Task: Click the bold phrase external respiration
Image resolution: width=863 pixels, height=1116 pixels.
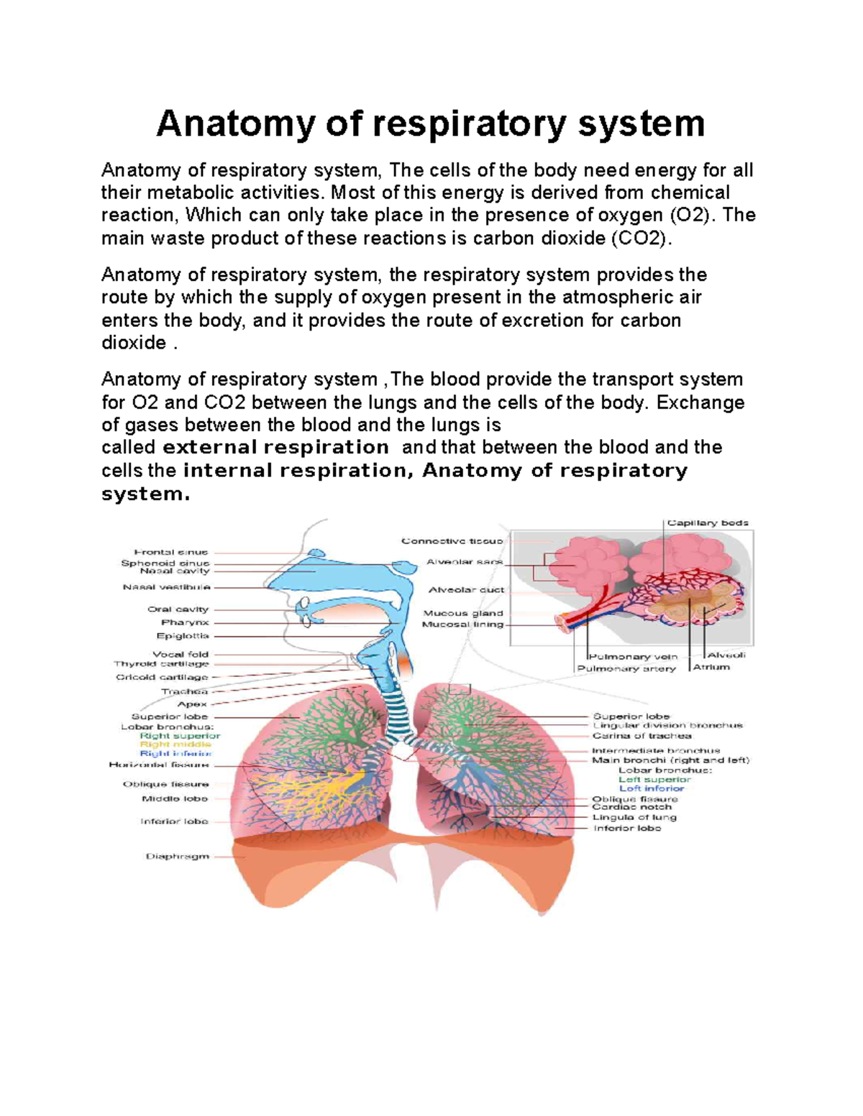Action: tap(276, 447)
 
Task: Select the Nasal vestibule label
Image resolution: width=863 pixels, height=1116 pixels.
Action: tap(167, 586)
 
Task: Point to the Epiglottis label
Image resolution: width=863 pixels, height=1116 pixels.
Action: tap(183, 635)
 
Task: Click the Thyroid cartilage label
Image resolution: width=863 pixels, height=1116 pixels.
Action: tap(161, 664)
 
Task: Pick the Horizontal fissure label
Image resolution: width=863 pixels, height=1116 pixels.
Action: tap(159, 765)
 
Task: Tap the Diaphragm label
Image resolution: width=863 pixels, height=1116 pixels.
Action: tap(178, 856)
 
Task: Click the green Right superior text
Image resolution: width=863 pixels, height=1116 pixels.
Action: tap(181, 735)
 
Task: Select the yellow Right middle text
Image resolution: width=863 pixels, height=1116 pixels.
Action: tap(175, 744)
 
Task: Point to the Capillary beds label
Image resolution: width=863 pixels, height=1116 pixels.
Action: tap(708, 522)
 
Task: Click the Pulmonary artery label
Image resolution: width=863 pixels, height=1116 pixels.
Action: tap(626, 668)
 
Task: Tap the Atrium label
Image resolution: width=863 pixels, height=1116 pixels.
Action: tap(711, 667)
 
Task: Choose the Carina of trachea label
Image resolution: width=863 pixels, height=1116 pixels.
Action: tap(641, 735)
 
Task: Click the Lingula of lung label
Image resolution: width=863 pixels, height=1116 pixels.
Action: tap(634, 817)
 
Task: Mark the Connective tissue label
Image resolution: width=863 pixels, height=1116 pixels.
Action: tap(452, 540)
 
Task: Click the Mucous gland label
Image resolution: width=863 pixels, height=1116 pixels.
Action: tap(463, 613)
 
